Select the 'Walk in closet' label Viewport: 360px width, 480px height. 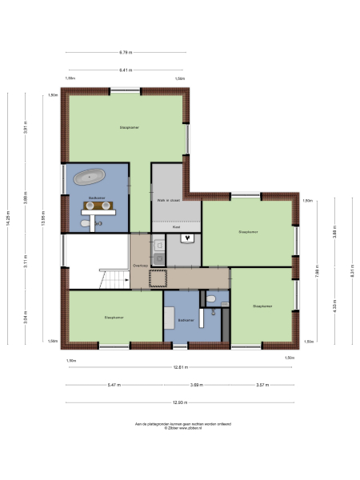click(168, 201)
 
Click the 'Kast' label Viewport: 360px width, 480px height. click(176, 227)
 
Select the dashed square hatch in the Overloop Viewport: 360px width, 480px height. click(158, 277)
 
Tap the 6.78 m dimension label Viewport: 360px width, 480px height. click(126, 53)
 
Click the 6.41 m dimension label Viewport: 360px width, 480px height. click(126, 70)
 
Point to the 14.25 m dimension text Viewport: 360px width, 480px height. click(8, 219)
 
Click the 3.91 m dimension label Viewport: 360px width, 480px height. click(26, 132)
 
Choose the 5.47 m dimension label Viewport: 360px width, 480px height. click(114, 385)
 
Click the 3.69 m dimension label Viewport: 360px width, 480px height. click(195, 385)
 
